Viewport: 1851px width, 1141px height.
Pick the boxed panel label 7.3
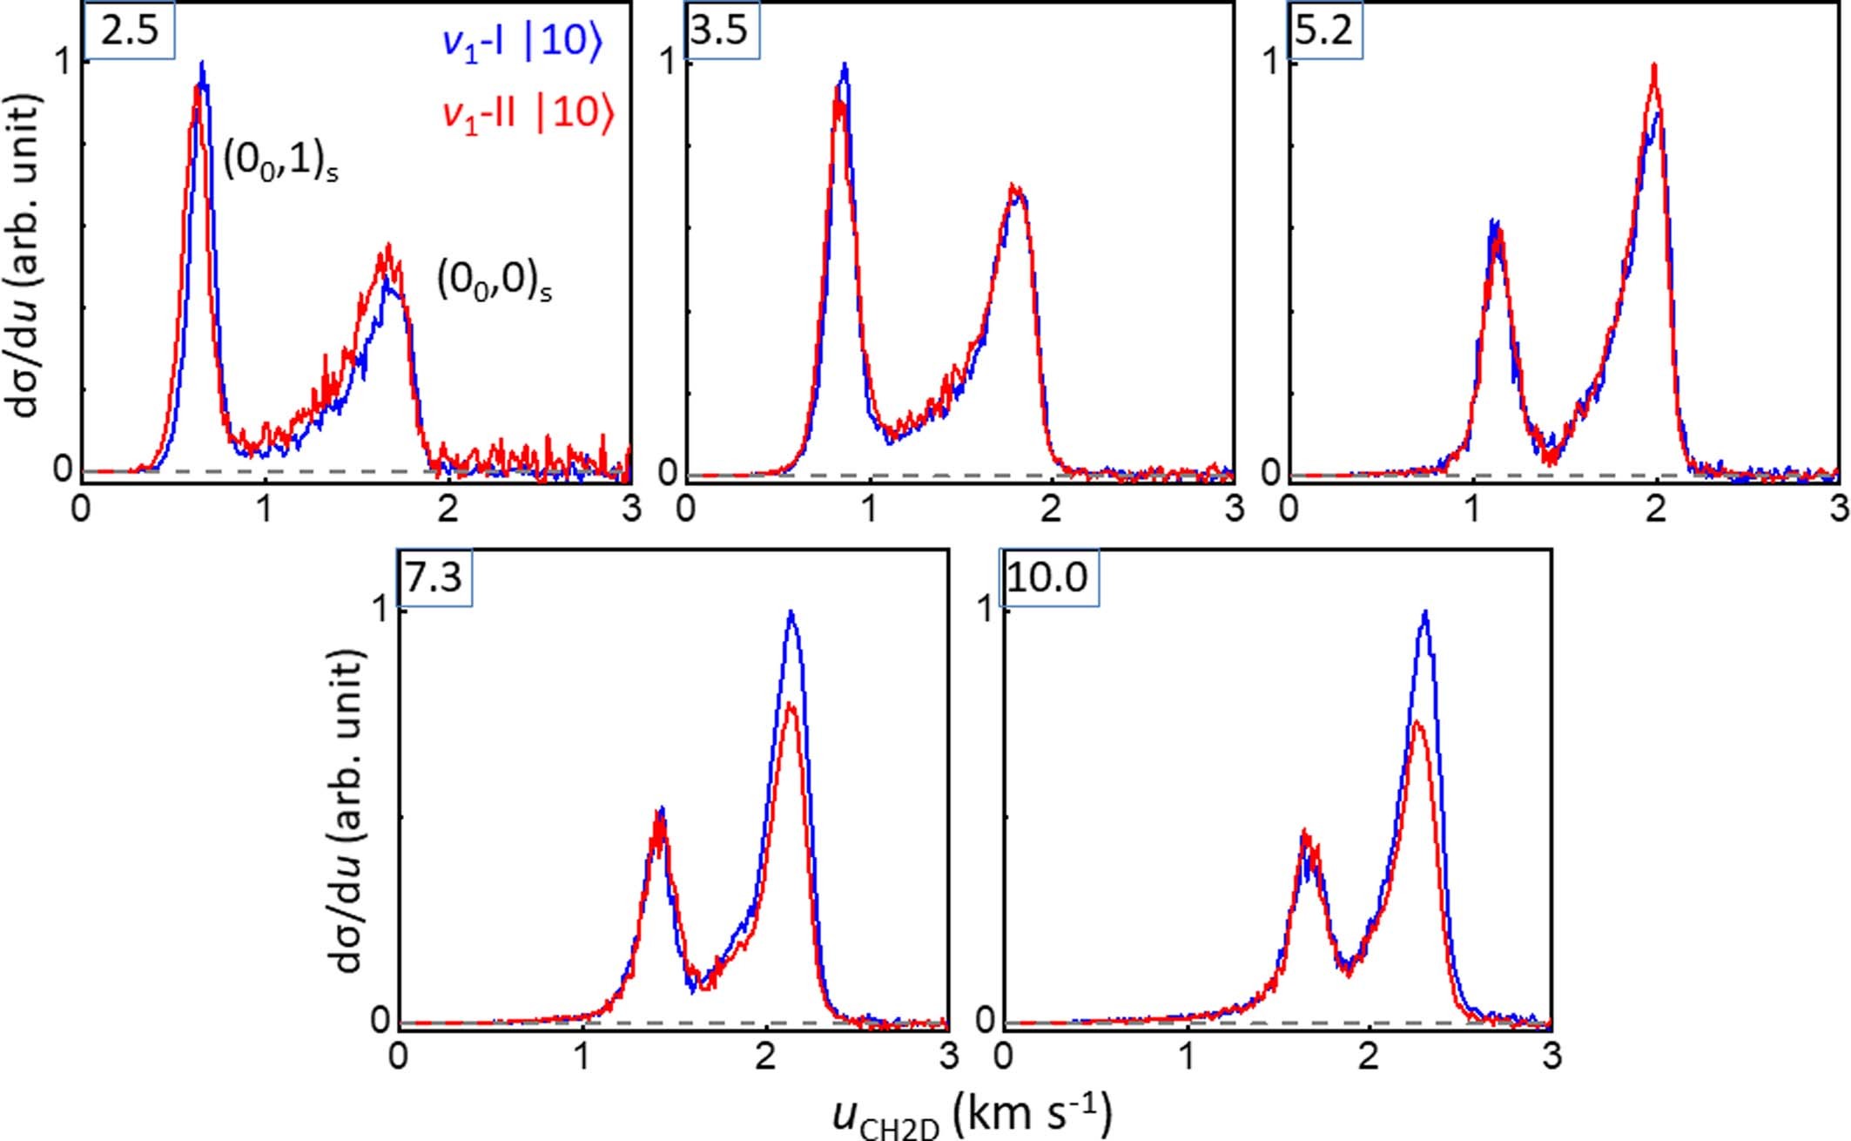click(434, 577)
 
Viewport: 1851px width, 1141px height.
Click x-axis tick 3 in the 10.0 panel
click(1551, 1057)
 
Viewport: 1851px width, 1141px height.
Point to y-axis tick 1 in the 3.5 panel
click(668, 63)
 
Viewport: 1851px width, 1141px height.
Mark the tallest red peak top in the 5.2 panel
click(1653, 89)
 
